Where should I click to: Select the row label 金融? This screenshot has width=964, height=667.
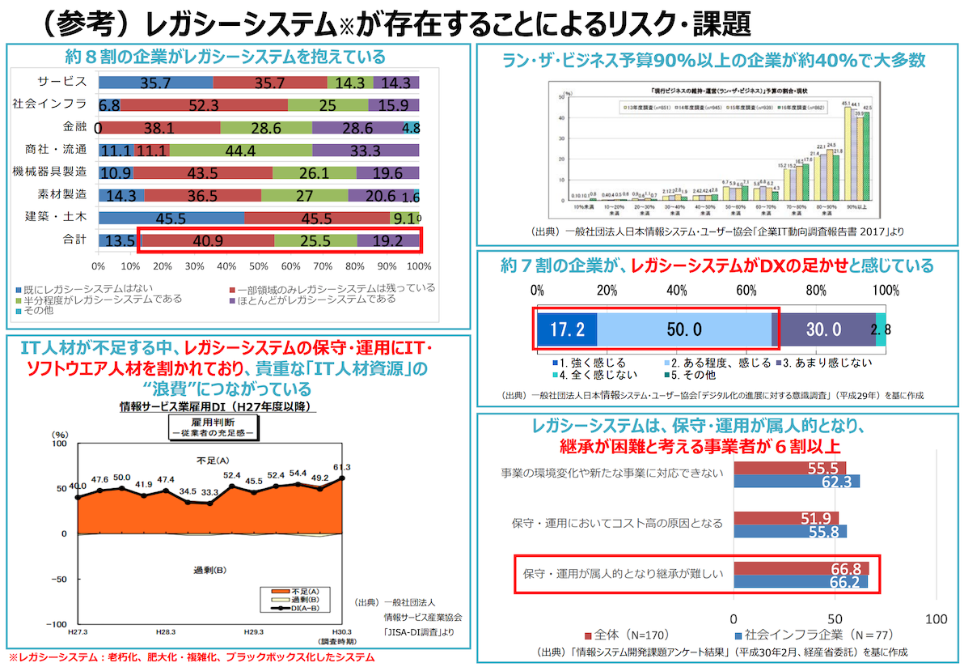click(74, 127)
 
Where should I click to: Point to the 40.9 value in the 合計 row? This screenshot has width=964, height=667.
click(207, 240)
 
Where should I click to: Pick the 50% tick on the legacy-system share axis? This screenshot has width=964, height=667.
click(259, 266)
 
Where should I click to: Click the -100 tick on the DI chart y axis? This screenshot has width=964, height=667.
click(58, 624)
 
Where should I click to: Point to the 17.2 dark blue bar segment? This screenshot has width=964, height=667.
click(566, 329)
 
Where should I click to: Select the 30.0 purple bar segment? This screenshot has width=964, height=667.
click(825, 329)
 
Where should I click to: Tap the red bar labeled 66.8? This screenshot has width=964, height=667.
click(801, 568)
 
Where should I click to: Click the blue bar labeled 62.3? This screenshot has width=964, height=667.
click(797, 481)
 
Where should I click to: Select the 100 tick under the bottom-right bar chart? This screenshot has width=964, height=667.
click(936, 619)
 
